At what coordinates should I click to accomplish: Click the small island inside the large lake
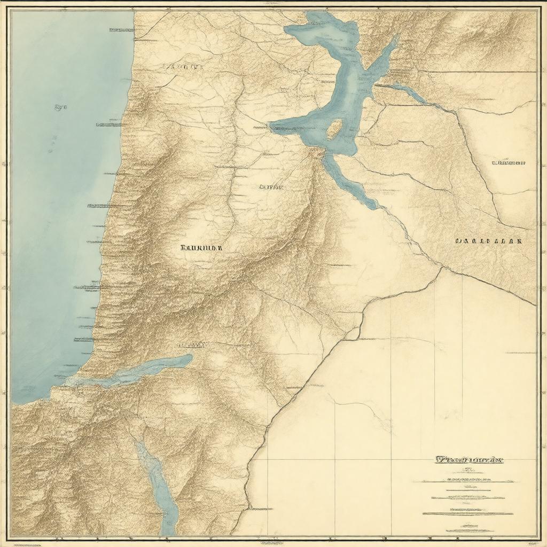(x=334, y=129)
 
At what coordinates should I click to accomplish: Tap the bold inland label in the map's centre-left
(x=202, y=248)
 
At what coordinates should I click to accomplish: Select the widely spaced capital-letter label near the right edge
(x=488, y=241)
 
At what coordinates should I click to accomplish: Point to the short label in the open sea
(x=60, y=107)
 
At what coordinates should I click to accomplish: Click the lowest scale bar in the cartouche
(x=467, y=514)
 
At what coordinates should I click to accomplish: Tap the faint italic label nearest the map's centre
(x=271, y=187)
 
